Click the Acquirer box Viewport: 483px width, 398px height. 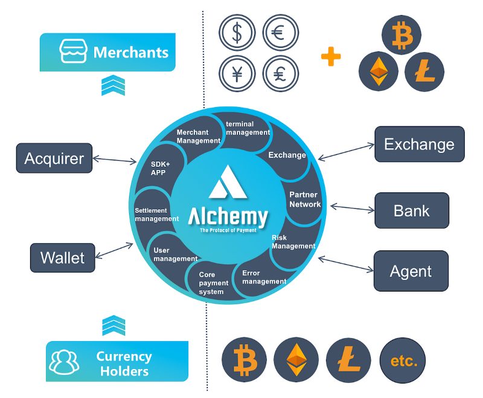54,158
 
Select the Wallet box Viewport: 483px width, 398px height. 62,258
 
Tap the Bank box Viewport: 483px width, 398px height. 411,210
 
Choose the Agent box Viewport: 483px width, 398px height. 411,271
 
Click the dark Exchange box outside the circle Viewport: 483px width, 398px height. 419,144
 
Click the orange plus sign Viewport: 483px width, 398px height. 330,57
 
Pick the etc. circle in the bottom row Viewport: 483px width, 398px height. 403,362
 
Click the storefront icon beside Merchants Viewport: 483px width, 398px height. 72,52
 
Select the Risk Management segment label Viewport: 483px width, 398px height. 293,242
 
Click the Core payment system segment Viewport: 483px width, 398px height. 214,283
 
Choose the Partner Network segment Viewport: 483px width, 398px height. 305,200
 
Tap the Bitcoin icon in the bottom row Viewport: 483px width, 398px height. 246,362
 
